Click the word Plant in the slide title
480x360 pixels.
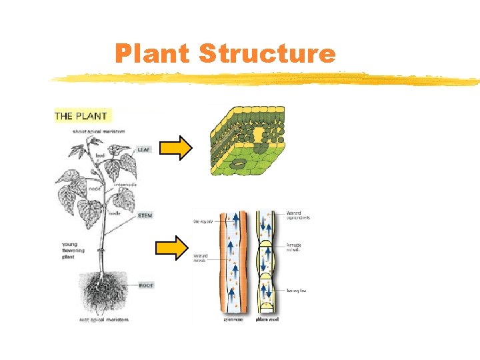click(x=152, y=53)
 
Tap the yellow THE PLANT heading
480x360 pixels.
click(x=81, y=116)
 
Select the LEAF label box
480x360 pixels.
click(x=145, y=149)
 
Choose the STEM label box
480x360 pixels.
click(x=145, y=215)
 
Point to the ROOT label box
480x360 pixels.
click(x=146, y=285)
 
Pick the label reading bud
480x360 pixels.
click(x=100, y=155)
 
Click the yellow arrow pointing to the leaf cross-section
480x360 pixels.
click(x=176, y=149)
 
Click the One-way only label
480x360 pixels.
click(x=203, y=220)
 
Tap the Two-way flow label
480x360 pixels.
click(x=297, y=291)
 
